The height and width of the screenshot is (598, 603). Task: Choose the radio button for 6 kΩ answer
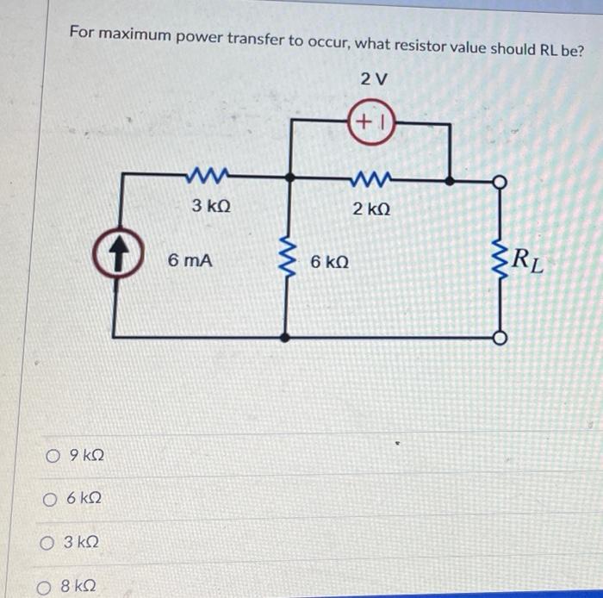(x=50, y=499)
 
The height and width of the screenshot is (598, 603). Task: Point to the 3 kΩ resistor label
(x=212, y=207)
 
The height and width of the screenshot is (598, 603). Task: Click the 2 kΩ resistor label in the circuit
(x=372, y=209)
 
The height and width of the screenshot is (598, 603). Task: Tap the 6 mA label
(x=190, y=259)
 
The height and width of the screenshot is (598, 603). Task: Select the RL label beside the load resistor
(x=527, y=259)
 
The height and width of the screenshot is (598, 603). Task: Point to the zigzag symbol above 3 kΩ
(x=208, y=178)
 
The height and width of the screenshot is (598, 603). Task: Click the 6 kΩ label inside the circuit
(x=330, y=261)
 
